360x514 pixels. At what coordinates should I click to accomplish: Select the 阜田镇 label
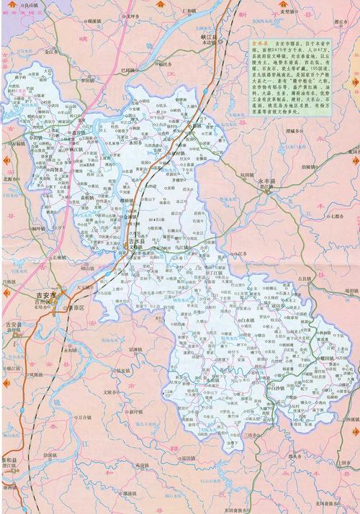coord(37,135)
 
